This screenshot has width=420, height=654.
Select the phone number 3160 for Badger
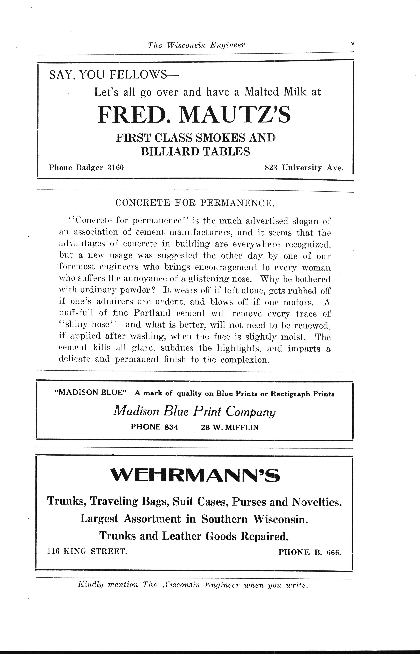click(116, 168)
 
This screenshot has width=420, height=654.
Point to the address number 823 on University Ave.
click(271, 168)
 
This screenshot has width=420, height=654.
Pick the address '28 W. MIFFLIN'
click(230, 427)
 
